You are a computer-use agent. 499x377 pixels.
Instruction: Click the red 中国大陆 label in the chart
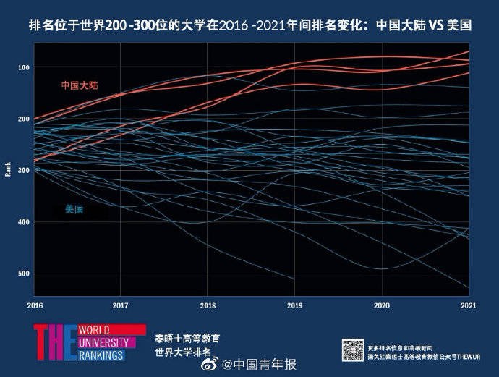(x=79, y=85)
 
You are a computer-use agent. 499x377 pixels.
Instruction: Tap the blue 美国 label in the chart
(x=74, y=210)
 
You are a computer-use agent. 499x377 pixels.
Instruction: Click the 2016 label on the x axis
(x=34, y=305)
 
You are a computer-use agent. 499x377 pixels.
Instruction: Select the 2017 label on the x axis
(x=121, y=305)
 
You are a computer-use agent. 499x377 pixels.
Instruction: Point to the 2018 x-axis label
(x=208, y=305)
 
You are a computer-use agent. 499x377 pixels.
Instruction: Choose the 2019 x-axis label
(x=294, y=305)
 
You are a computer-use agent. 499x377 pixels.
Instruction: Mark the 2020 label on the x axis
(x=381, y=305)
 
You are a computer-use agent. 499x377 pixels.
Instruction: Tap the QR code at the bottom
(x=352, y=349)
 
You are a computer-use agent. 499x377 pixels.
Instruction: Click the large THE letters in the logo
(x=54, y=342)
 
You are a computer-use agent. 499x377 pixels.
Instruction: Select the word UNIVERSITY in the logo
(x=103, y=342)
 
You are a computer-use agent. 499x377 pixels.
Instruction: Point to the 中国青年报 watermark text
(x=264, y=364)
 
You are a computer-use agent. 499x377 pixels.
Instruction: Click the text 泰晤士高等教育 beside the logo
(x=187, y=339)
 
